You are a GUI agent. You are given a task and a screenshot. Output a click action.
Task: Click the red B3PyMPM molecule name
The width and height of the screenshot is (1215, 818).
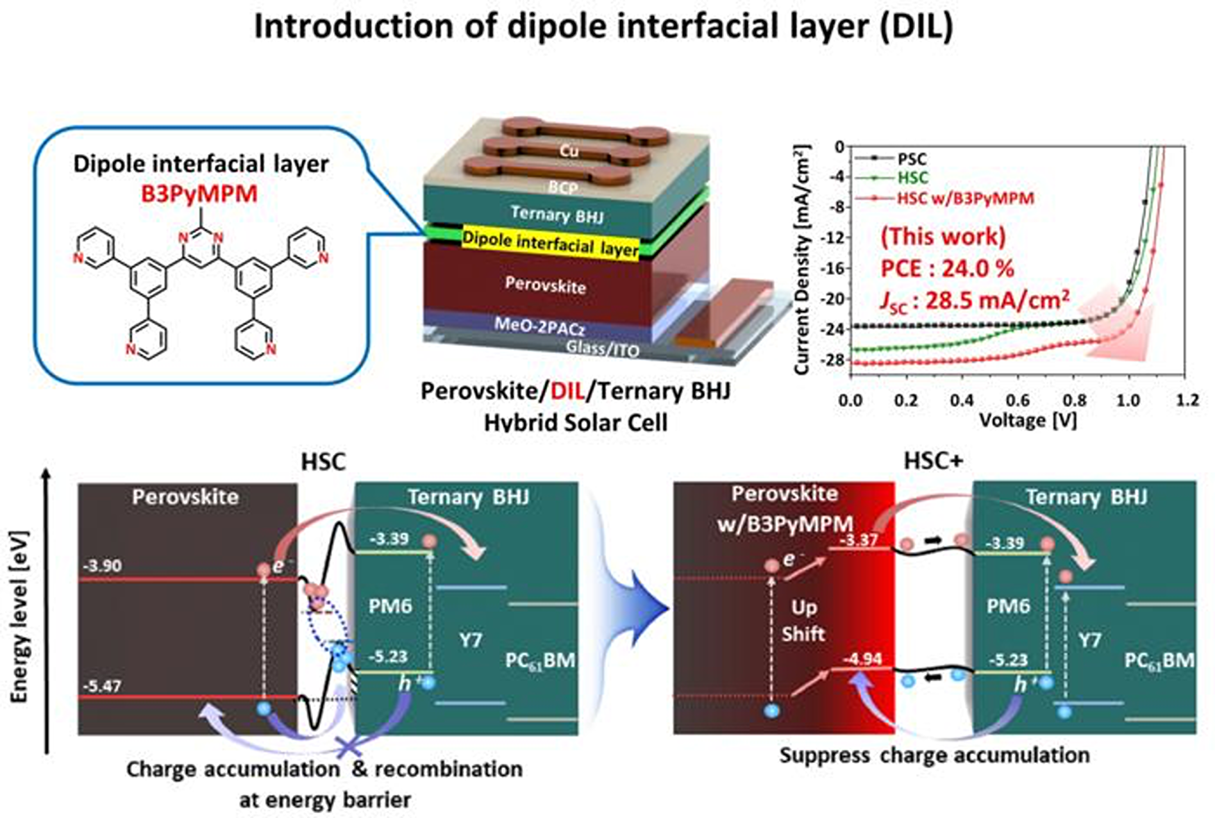[x=199, y=194]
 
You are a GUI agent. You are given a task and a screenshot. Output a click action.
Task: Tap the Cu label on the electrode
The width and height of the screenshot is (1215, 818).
[x=569, y=151]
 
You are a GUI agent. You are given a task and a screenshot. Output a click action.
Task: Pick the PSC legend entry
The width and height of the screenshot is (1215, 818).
[x=911, y=160]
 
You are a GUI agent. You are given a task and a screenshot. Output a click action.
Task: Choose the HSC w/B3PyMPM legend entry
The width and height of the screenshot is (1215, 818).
[x=965, y=199]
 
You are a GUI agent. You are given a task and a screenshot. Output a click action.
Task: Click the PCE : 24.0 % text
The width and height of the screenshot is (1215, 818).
[x=947, y=268]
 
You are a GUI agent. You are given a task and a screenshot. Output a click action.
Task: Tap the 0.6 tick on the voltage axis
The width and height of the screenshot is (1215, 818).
[x=1017, y=401]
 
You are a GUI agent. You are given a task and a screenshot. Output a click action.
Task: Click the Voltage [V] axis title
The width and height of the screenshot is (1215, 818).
[x=1028, y=420]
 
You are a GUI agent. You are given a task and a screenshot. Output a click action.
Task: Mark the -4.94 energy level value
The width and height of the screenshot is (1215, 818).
[x=862, y=658]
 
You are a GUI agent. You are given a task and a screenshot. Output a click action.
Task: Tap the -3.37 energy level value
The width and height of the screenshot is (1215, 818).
[x=859, y=540]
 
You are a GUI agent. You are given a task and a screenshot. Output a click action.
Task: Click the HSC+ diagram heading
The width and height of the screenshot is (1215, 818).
[x=933, y=461]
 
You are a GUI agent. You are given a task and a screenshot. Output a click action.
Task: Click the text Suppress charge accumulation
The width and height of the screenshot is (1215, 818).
[x=934, y=755]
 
